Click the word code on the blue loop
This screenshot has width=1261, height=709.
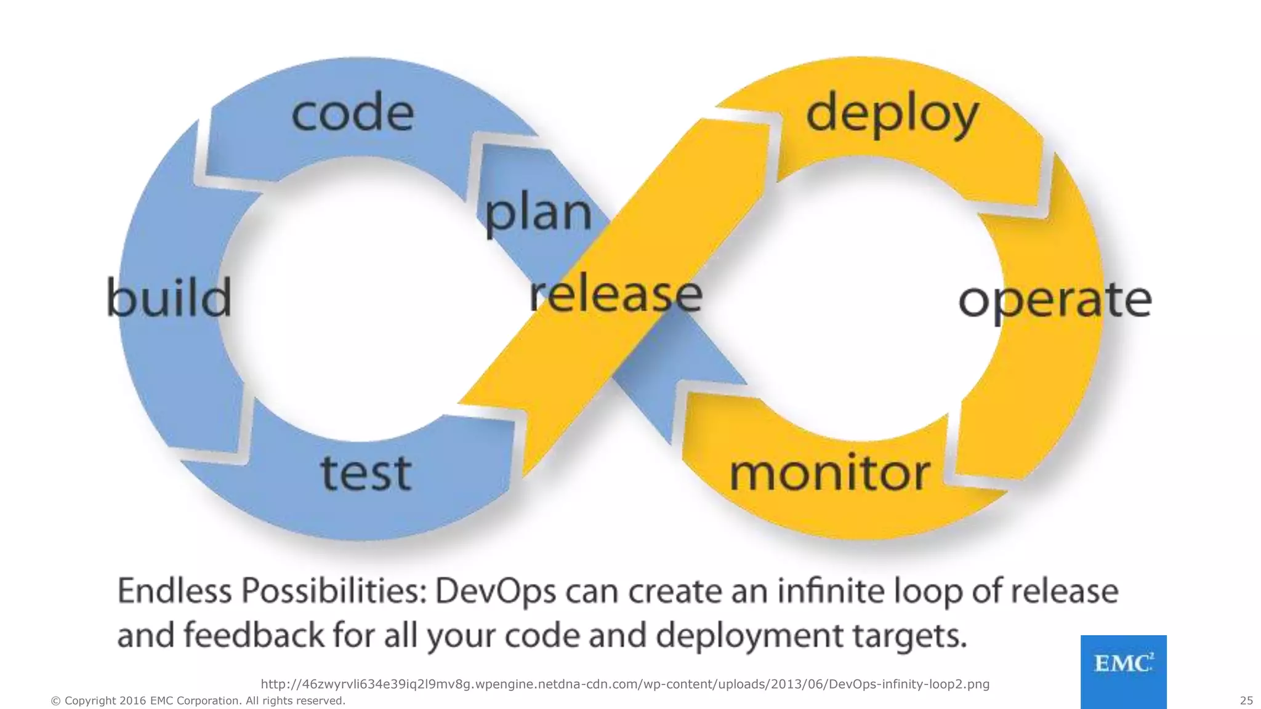pos(352,113)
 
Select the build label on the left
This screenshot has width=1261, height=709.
pos(169,298)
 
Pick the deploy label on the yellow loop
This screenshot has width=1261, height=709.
pos(892,115)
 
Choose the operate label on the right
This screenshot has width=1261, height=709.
pos(1055,301)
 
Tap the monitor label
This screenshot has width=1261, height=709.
pos(829,474)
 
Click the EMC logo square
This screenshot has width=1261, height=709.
pos(1123,671)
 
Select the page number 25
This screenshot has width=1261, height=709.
pos(1246,700)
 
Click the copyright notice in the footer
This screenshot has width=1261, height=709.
pos(198,700)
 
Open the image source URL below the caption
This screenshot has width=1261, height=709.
pos(625,684)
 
